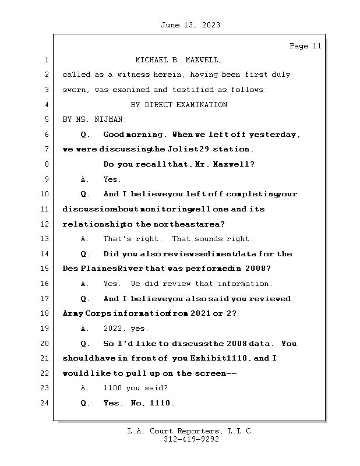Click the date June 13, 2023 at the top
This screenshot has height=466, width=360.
tap(190, 24)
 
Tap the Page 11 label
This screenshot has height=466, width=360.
tap(305, 46)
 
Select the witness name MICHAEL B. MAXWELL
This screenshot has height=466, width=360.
tap(178, 60)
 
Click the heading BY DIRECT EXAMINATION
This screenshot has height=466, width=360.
tap(178, 105)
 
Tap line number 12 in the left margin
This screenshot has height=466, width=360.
tap(45, 224)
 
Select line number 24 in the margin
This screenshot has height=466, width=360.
tap(45, 403)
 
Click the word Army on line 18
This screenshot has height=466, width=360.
tap(73, 313)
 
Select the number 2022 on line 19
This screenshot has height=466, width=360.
tap(113, 329)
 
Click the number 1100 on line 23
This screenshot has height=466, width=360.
tap(113, 388)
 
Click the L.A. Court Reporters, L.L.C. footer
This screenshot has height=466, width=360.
tap(191, 432)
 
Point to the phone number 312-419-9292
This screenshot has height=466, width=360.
tap(191, 440)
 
